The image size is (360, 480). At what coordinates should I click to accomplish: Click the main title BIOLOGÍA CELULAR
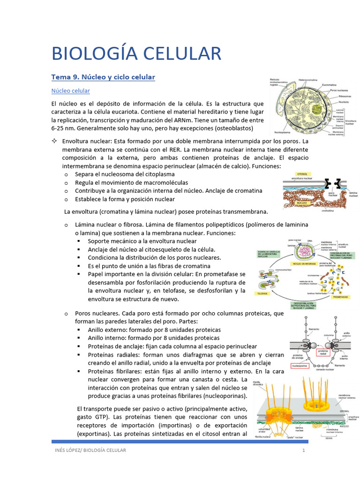click(136, 53)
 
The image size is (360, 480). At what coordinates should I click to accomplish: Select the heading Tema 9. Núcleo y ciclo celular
click(103, 77)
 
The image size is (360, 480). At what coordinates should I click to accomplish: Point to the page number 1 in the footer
click(304, 450)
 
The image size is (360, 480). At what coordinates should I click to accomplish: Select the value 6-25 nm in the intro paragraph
click(63, 128)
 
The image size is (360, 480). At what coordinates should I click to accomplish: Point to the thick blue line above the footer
click(180, 442)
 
